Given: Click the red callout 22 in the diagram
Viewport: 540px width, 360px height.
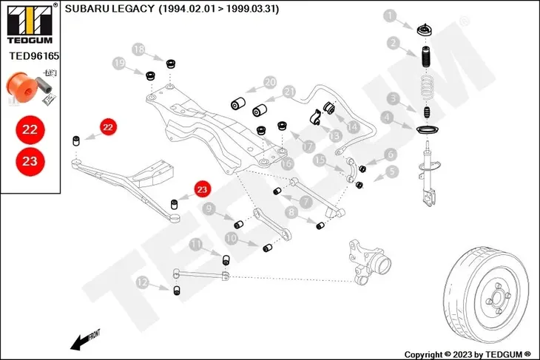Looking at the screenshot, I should tap(108, 127).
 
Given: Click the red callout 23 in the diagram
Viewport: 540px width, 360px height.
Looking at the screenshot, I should tap(202, 189).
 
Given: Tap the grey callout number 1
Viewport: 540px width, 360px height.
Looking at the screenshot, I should tap(390, 15).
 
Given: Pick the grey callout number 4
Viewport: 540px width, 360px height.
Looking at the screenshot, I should tap(387, 116).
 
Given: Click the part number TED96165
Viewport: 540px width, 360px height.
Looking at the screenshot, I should tap(34, 55).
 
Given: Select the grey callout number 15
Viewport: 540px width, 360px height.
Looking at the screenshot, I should tap(320, 160).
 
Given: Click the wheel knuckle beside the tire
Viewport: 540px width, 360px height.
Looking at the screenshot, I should tap(370, 262).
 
